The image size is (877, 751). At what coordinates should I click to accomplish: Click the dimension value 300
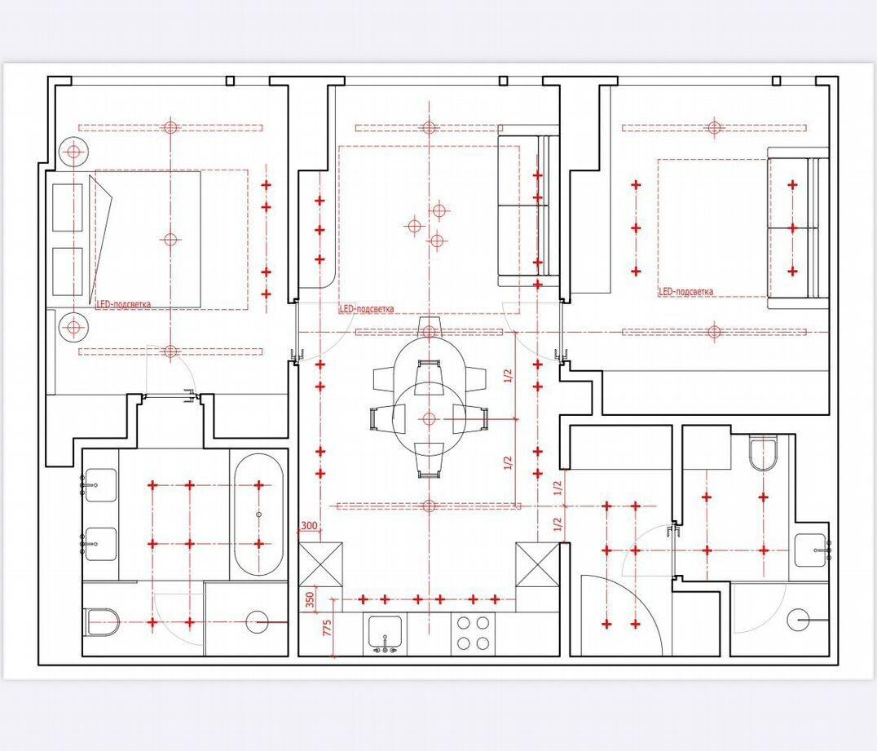coord(309,526)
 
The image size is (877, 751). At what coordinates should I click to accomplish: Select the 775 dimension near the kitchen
coord(327,627)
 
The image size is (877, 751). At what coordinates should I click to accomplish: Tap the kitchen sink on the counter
coord(385,633)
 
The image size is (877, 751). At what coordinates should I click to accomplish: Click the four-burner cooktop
coord(474,633)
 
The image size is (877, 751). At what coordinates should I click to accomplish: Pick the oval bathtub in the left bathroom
coord(258,515)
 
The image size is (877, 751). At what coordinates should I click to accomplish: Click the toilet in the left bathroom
coord(102,622)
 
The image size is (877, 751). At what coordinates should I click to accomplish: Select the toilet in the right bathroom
coord(764,453)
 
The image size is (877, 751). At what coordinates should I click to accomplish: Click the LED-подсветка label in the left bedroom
coord(124,304)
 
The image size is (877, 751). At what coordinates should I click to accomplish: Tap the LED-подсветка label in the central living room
coord(367,309)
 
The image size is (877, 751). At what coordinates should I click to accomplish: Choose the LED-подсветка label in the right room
coord(686,292)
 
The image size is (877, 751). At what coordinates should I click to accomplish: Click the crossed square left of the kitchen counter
coord(320,564)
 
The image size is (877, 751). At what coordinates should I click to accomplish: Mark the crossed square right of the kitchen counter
coord(537,564)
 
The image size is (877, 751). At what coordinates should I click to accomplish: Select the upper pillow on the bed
coord(68,206)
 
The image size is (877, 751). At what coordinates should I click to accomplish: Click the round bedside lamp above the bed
coord(73,151)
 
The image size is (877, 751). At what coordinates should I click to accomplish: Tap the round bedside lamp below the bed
coord(73,326)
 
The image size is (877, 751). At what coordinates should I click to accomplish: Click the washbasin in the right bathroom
coord(812,550)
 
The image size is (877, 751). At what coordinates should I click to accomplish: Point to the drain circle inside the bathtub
coord(259,514)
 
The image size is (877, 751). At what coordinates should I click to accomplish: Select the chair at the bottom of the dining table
coord(430,459)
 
